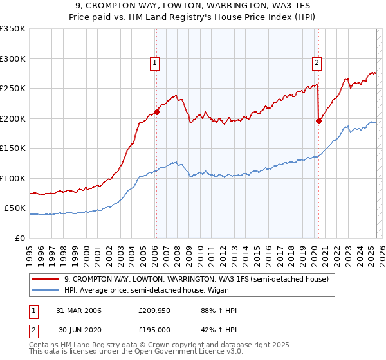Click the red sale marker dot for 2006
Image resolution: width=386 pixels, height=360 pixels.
[x=156, y=112]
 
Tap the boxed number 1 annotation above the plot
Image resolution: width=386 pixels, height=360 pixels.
[x=156, y=62]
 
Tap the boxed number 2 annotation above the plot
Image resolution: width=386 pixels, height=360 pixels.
[x=318, y=62]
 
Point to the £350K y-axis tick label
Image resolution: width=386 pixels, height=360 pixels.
[x=13, y=29]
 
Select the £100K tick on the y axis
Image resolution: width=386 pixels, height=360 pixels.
[x=13, y=178]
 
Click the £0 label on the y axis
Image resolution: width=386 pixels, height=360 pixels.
[x=19, y=238]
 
